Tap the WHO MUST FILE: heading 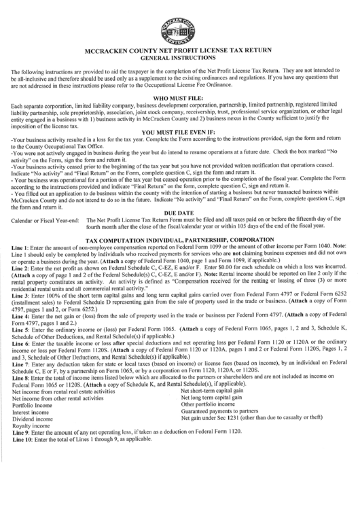(180, 99)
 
